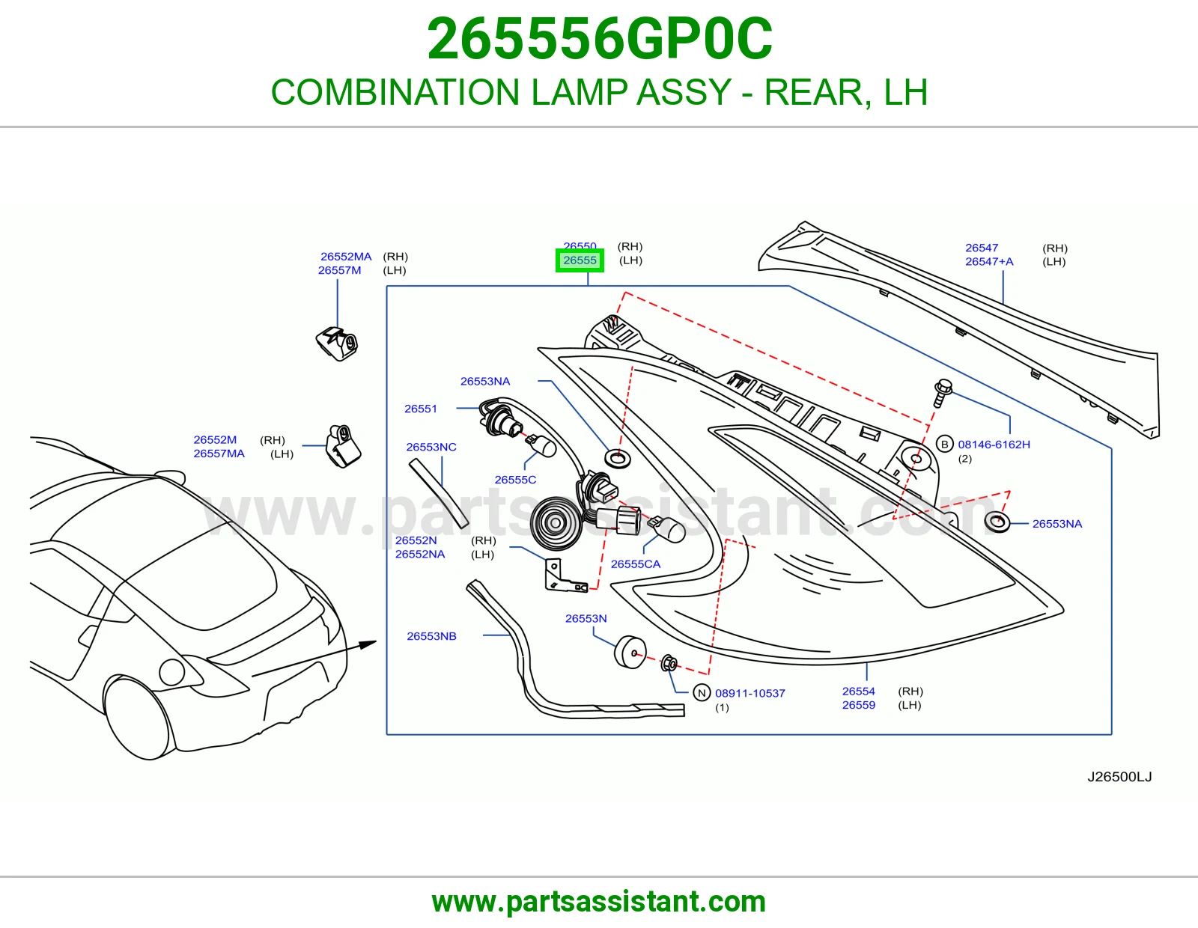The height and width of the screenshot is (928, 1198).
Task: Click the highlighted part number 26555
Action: tap(580, 260)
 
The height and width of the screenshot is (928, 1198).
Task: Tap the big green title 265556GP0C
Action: tap(599, 39)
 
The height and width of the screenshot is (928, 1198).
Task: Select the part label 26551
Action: tap(420, 409)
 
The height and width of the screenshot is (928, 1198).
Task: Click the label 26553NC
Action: tap(431, 447)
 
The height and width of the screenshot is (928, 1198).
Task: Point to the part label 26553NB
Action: tap(432, 636)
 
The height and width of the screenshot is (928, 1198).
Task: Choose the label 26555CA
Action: tap(635, 564)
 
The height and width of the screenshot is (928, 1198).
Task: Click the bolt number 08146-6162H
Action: tap(994, 444)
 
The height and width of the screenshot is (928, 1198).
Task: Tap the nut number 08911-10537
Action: tap(749, 693)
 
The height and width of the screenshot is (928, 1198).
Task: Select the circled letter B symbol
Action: tap(944, 444)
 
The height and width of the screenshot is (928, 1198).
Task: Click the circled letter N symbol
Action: tap(702, 693)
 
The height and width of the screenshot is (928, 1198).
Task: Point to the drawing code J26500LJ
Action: tap(1119, 777)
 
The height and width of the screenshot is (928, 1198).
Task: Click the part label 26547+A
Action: tap(989, 261)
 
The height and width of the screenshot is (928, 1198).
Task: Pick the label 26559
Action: tap(858, 705)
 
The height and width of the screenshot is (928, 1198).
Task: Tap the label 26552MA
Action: tap(346, 256)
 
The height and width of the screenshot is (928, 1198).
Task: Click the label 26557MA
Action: tap(219, 454)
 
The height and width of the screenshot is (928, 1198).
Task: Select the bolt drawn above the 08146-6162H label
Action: tap(942, 392)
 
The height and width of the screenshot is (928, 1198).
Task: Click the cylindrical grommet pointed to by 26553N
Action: tap(630, 653)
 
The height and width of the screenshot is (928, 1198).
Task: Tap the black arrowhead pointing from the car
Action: tap(368, 644)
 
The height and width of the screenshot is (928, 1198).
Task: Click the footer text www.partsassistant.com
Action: tap(599, 902)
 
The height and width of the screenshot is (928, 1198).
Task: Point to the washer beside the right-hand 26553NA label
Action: tap(997, 522)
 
